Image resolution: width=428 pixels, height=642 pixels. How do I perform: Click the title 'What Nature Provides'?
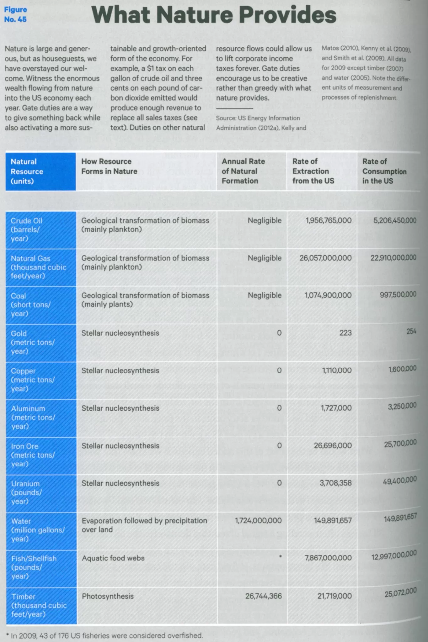tap(214, 15)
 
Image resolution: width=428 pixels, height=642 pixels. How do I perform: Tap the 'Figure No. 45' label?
tap(15, 14)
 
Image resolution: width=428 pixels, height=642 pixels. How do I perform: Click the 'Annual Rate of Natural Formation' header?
tap(243, 171)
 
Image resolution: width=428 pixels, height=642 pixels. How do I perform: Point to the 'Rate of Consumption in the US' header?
tap(384, 171)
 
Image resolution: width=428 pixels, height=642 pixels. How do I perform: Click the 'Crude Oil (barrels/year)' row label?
tap(26, 229)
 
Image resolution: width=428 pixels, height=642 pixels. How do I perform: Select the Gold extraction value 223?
tap(345, 333)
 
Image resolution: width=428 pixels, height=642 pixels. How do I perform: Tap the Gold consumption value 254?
tap(411, 331)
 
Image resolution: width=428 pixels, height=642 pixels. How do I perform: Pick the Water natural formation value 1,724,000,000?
tap(258, 521)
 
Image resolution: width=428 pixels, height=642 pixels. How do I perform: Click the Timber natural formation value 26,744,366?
tap(263, 596)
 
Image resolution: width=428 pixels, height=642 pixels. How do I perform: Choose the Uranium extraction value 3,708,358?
tap(335, 483)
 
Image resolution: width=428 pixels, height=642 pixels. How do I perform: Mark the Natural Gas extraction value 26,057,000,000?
tap(325, 258)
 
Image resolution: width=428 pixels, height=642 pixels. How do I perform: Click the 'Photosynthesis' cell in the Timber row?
tap(108, 596)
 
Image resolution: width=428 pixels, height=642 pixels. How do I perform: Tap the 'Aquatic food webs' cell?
tap(113, 558)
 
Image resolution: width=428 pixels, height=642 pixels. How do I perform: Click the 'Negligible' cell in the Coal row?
tap(265, 295)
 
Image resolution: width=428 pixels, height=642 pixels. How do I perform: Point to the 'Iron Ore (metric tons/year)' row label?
tap(33, 455)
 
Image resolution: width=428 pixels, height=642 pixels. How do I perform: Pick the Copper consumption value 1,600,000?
tap(402, 369)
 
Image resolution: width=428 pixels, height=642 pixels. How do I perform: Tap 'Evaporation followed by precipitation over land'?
tap(144, 525)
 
